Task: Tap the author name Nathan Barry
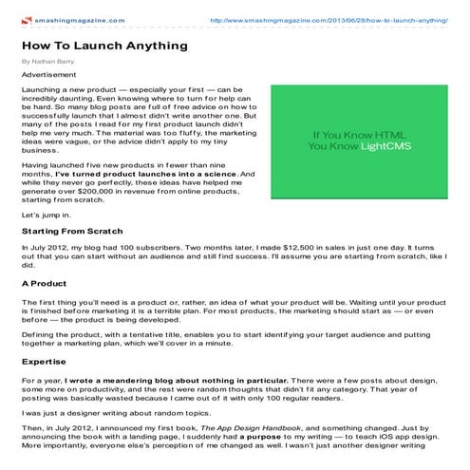click(x=49, y=61)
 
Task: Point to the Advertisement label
click(x=48, y=74)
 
